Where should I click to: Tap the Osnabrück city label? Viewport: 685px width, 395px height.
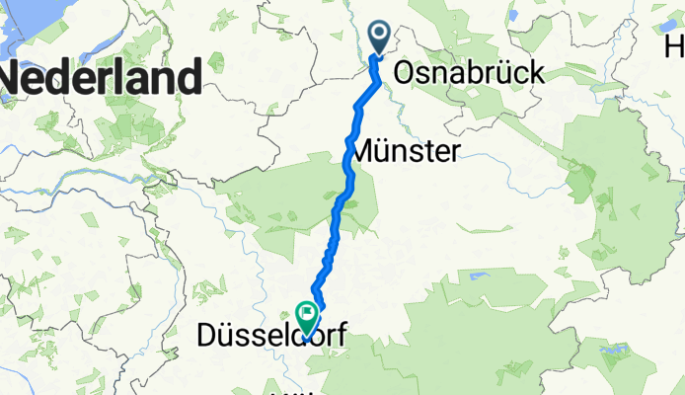point(469,73)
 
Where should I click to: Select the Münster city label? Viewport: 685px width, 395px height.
point(406,152)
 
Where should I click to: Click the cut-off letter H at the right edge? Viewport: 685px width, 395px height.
point(675,46)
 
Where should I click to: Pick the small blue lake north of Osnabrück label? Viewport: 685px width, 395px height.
point(513,16)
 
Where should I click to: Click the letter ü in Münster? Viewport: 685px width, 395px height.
point(389,152)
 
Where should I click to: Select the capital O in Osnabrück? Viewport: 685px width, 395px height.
point(406,73)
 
